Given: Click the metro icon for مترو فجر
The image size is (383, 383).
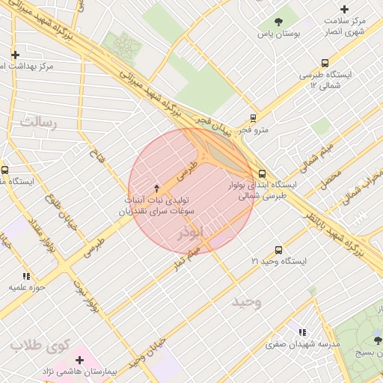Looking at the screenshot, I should click(x=254, y=117).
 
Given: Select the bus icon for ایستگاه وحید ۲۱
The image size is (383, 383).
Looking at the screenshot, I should click(x=279, y=250).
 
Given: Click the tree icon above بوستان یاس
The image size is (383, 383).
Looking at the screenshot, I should click(x=279, y=22).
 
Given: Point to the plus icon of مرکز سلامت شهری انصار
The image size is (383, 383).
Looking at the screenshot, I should click(x=344, y=9).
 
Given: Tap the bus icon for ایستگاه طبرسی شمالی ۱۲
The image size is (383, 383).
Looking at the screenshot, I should click(x=324, y=64).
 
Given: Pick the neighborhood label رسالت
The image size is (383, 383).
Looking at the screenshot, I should click(x=39, y=121).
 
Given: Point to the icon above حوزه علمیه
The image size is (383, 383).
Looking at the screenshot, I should click(x=27, y=276).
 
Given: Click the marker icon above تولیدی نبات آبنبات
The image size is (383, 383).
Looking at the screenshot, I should click(x=156, y=188).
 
